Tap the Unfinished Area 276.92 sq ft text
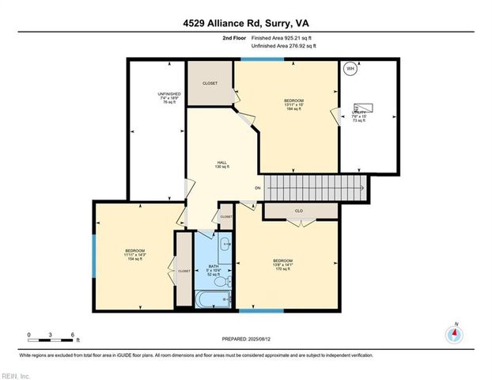[x=283, y=47]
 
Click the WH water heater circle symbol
[x=350, y=68]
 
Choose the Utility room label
[x=365, y=117]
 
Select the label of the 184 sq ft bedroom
[x=293, y=103]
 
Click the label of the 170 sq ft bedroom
[x=282, y=264]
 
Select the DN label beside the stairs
[x=258, y=188]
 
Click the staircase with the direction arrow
[x=315, y=188]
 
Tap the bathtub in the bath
[x=213, y=299]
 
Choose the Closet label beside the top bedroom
[x=210, y=83]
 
